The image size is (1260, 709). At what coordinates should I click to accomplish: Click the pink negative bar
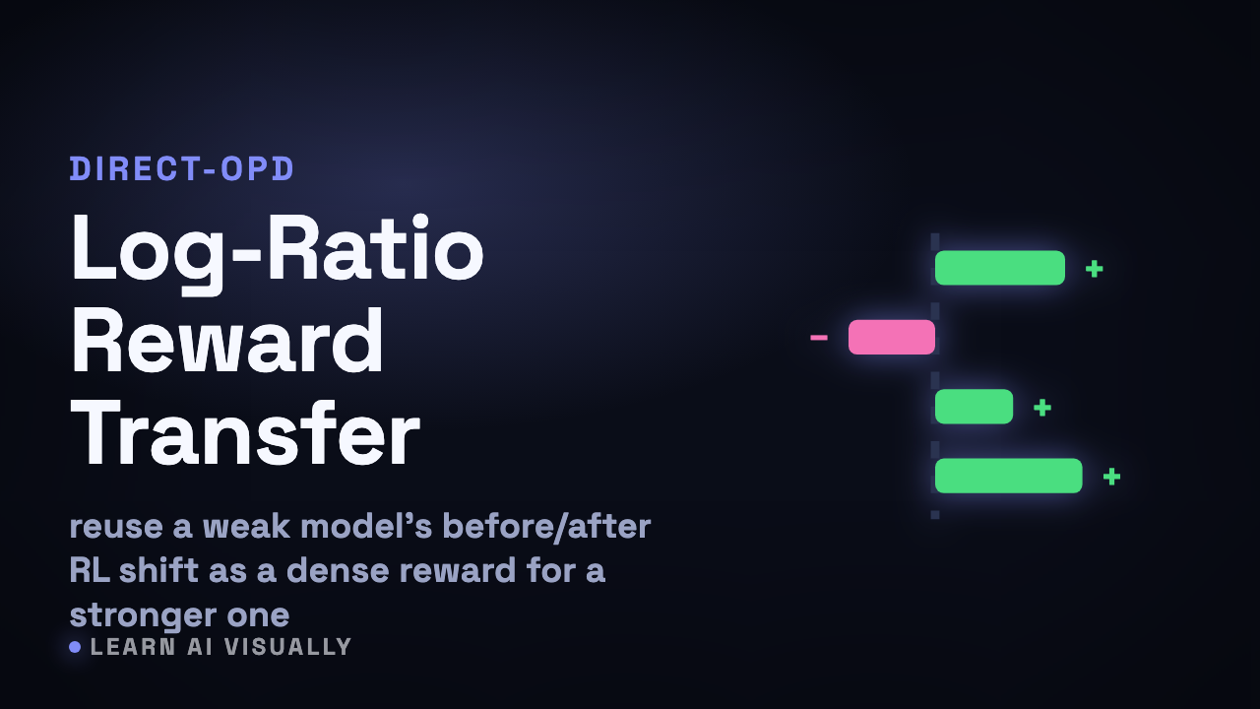point(892,337)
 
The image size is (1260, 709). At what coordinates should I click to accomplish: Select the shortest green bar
point(974,407)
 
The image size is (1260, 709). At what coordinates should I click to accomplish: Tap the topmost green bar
point(999,268)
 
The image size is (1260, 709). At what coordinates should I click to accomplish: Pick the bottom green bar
point(1009,476)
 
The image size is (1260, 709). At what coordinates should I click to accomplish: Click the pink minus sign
point(819,338)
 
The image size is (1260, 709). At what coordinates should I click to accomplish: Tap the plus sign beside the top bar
point(1094,269)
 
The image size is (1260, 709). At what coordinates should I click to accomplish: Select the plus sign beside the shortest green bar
point(1042,408)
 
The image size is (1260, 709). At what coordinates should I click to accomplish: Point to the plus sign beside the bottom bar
point(1111,477)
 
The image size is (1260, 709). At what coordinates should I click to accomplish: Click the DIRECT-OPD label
point(182,168)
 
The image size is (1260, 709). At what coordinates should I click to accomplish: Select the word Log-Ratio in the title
point(277,250)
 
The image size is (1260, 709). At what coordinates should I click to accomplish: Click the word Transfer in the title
point(245,433)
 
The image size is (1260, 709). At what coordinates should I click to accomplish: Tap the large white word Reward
point(227,341)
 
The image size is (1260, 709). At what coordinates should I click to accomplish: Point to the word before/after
point(546,527)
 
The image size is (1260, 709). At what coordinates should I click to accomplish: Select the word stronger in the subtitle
point(143,615)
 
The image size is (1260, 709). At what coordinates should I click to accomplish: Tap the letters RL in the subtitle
point(90,570)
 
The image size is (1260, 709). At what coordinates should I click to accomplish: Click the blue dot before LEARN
point(75,647)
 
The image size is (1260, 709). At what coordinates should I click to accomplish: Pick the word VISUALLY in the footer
point(288,647)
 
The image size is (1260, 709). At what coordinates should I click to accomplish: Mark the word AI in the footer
point(200,647)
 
